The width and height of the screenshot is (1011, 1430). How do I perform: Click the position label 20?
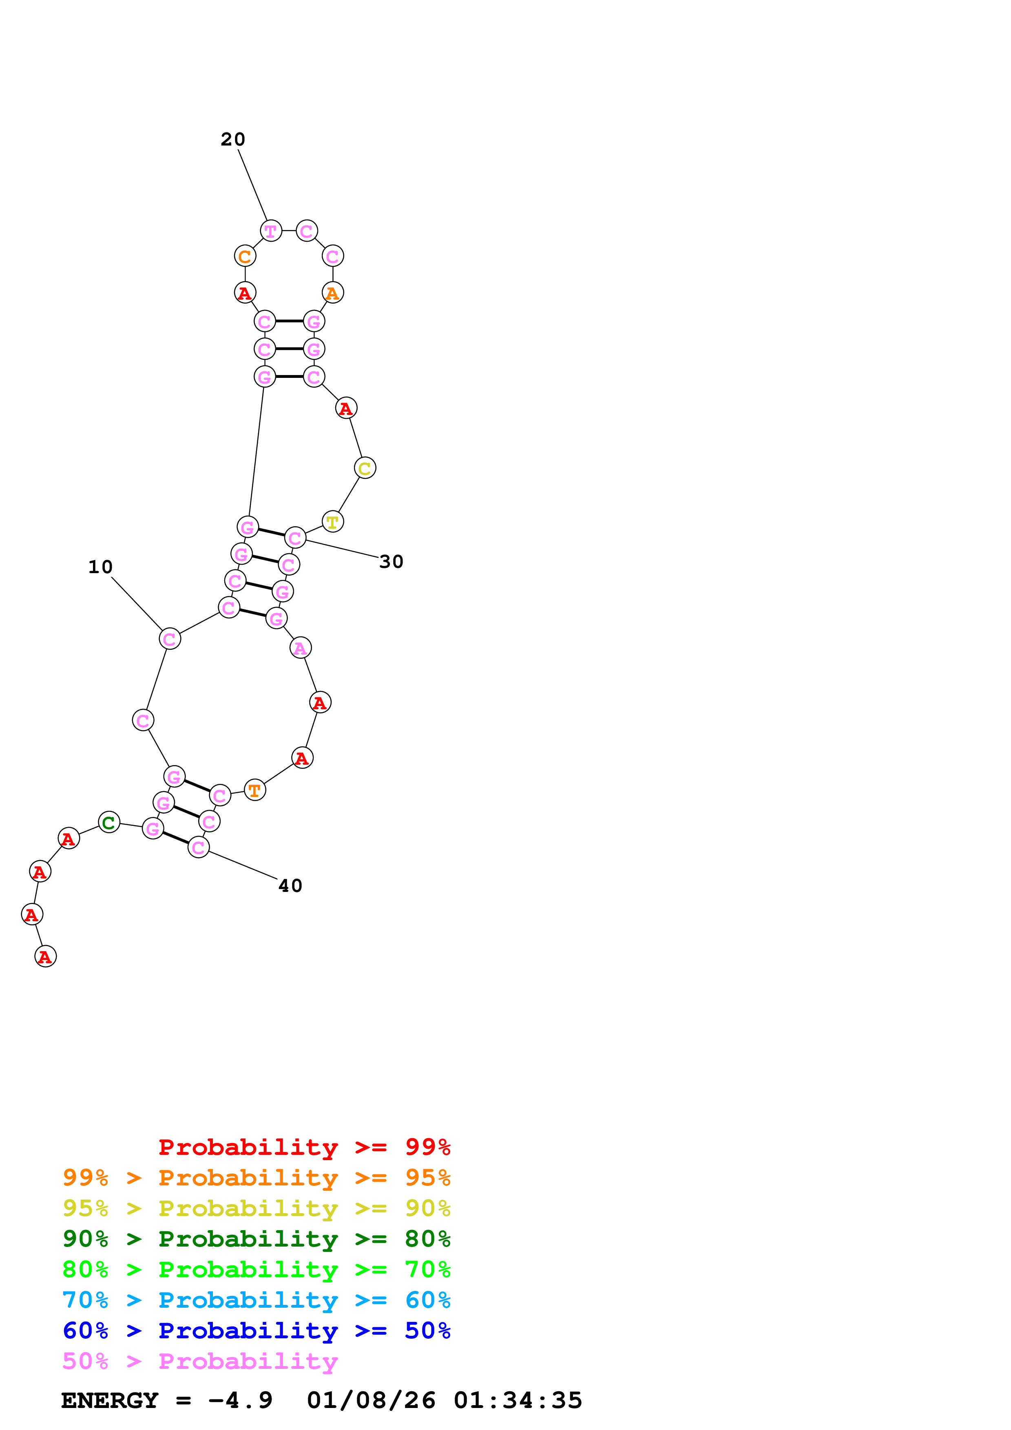coord(233,139)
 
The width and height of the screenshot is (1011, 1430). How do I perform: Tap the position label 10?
coord(100,567)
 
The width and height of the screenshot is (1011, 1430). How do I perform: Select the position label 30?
coord(391,562)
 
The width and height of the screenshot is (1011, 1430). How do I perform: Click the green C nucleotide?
coord(109,822)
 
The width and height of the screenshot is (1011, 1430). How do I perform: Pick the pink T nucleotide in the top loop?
coord(270,231)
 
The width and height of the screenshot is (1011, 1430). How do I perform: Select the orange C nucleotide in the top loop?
coord(245,256)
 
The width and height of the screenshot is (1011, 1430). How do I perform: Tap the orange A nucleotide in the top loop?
coord(333,293)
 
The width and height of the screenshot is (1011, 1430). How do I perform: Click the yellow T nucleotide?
coord(333,522)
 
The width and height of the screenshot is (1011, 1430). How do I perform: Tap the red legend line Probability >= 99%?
coord(304,1147)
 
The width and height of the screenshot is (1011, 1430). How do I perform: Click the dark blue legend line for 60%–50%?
coord(257,1331)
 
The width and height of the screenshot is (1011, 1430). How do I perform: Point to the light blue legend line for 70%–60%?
coord(257,1300)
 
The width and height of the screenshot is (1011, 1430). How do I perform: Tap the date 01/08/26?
coord(371,1401)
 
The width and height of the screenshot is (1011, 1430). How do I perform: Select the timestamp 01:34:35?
coord(518,1401)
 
